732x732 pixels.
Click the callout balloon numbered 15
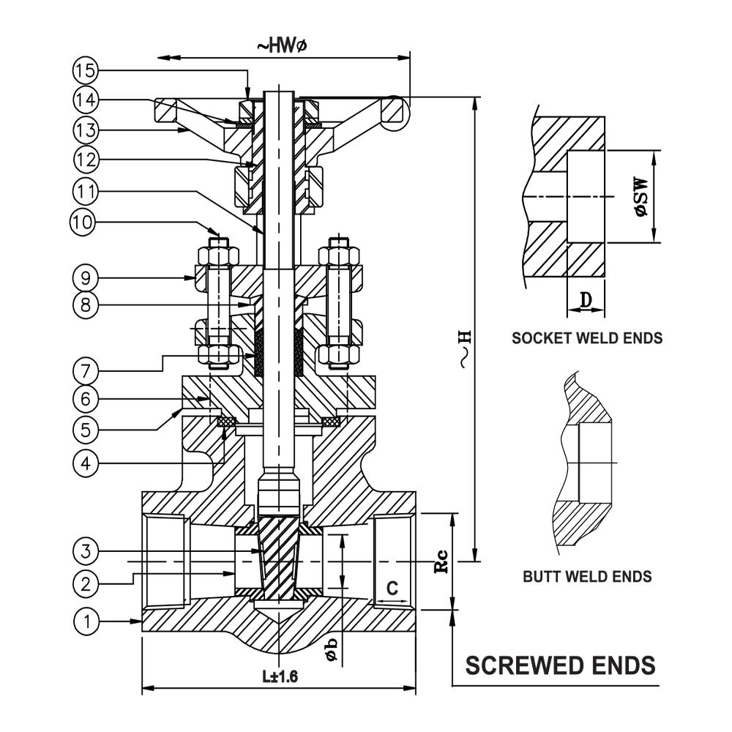(85, 71)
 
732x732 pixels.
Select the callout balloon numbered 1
(86, 621)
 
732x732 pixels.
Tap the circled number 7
(85, 368)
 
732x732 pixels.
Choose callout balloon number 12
(85, 159)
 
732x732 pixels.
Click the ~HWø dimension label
(281, 45)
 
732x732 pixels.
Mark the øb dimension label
(332, 649)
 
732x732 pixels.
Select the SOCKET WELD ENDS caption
(587, 338)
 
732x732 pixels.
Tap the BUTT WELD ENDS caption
(587, 577)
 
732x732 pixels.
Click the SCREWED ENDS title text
(561, 665)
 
